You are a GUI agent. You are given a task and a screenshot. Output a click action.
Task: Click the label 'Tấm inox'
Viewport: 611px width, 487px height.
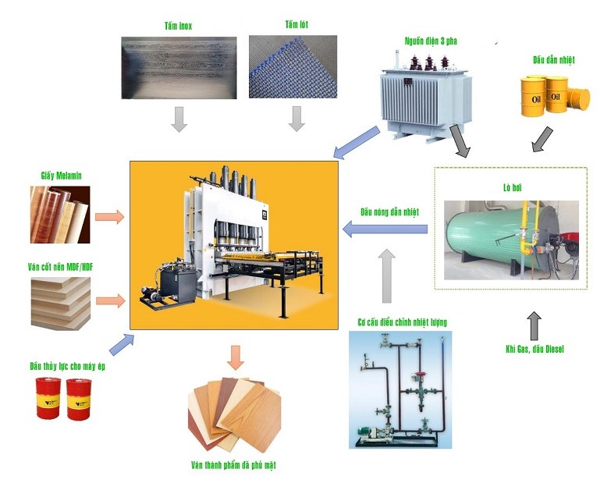coord(179,26)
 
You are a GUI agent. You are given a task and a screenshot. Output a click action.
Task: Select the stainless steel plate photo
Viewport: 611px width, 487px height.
coord(179,68)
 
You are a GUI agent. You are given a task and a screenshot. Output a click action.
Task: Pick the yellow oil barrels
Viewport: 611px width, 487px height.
coord(555,94)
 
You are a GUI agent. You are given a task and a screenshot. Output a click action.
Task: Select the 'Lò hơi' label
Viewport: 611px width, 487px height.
coord(511,187)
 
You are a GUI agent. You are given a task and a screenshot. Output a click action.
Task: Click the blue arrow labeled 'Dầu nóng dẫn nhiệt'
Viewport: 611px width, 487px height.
coord(385,229)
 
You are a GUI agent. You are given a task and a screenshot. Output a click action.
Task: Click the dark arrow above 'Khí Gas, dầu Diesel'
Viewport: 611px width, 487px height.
coord(534,322)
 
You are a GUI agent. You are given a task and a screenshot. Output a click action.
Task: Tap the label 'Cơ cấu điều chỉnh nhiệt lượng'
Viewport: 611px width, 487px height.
coord(402,322)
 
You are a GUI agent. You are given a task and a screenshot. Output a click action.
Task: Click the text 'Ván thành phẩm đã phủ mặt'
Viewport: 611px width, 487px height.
coord(233,465)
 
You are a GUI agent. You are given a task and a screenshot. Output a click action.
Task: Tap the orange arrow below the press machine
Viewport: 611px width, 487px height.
coord(235,356)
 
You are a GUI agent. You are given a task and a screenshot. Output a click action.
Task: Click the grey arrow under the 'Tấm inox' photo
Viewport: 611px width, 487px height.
coord(179,119)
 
